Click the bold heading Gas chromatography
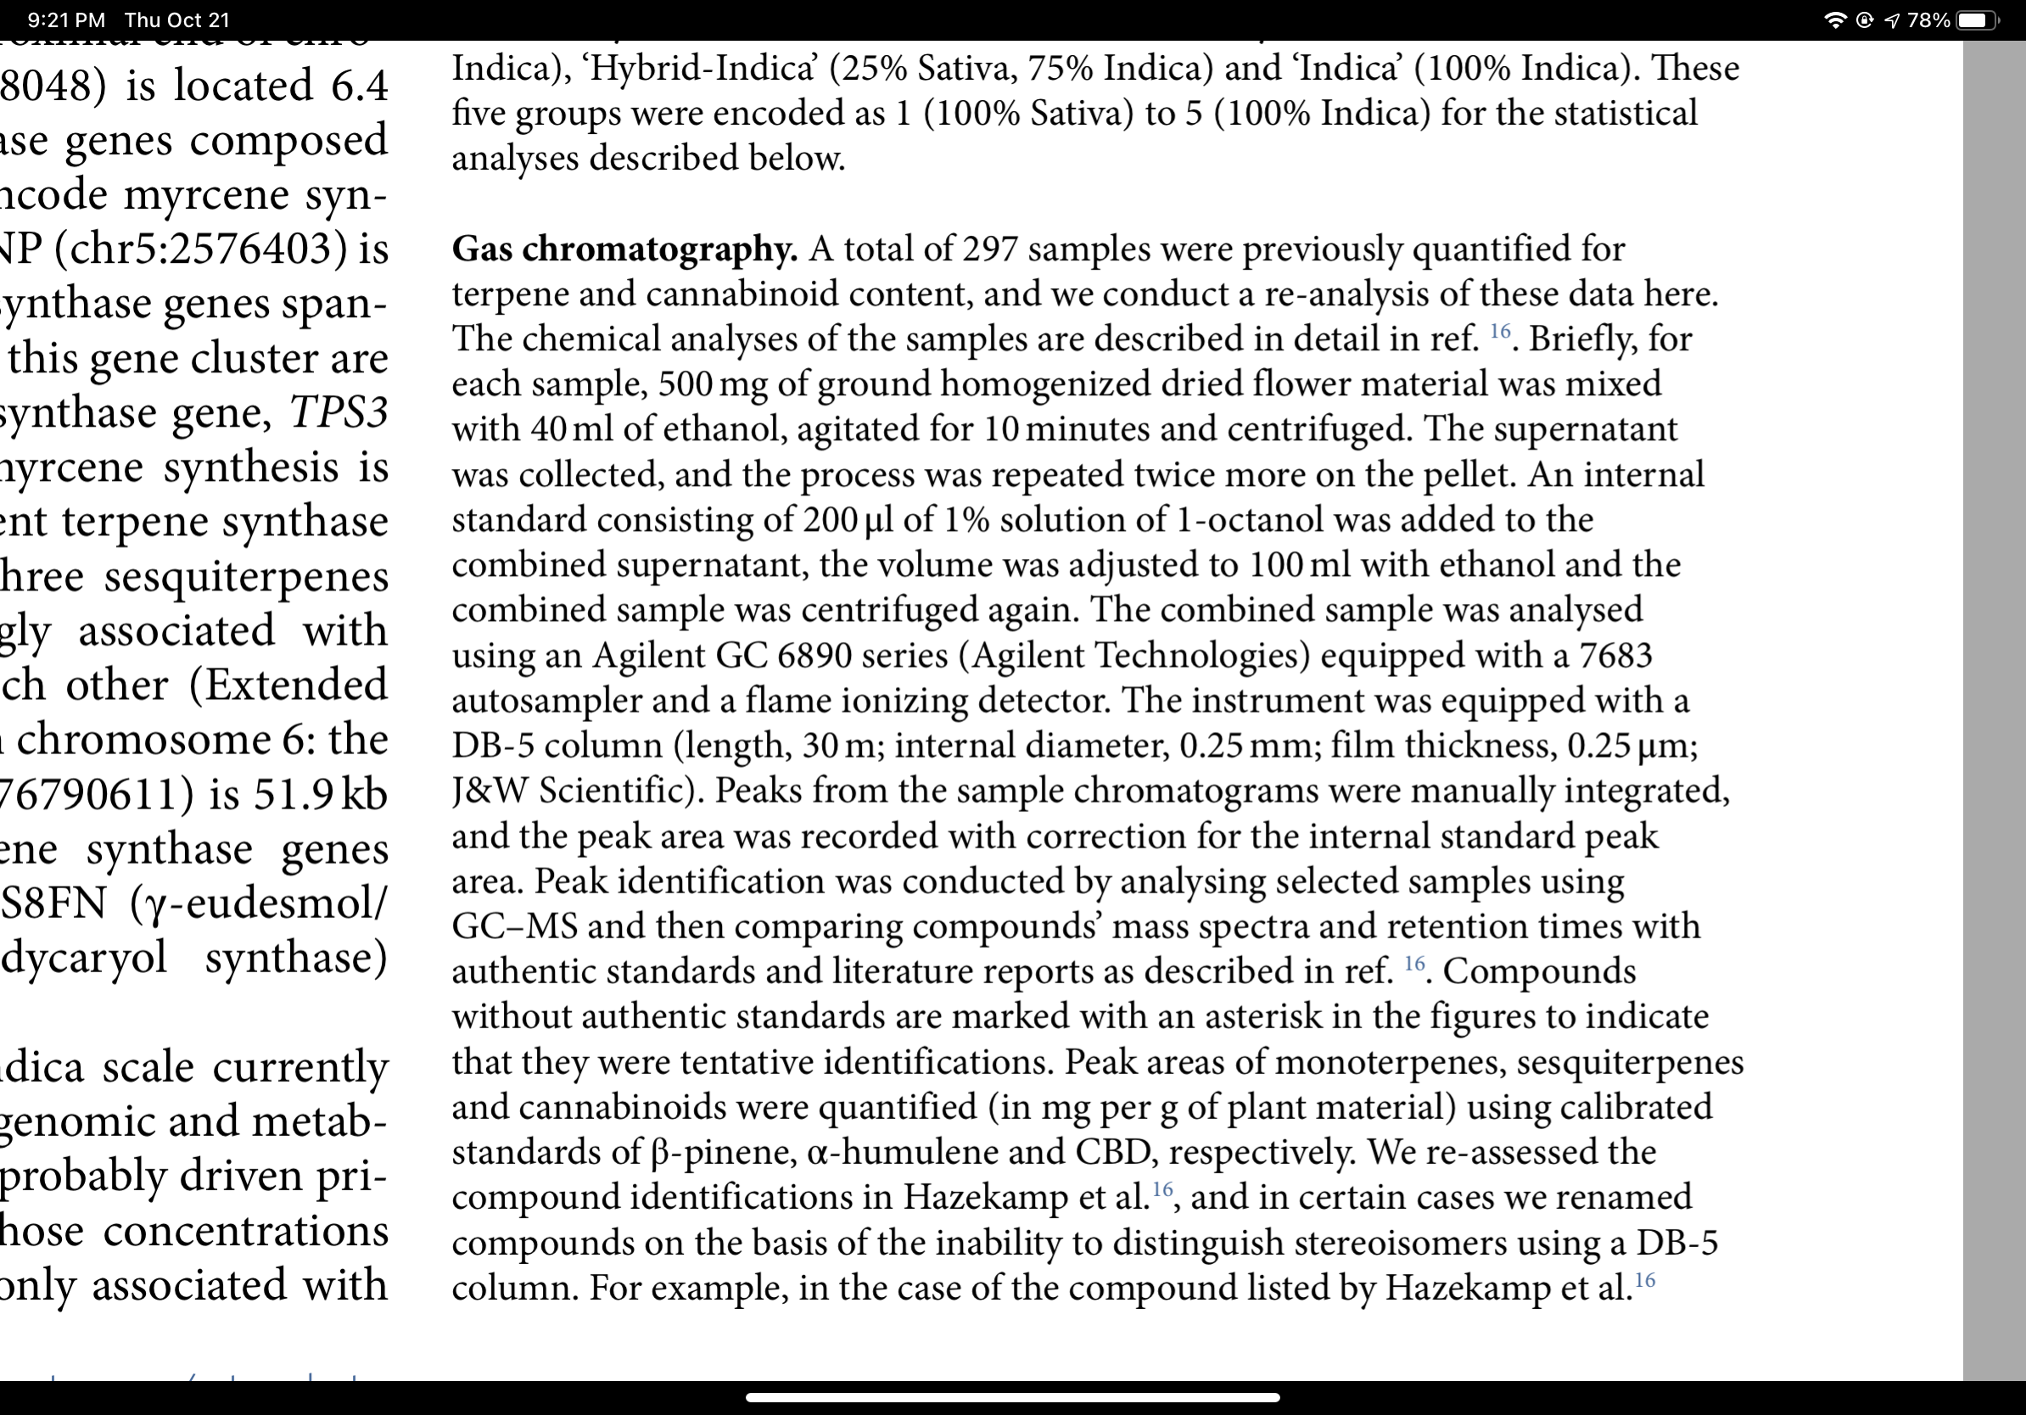(624, 249)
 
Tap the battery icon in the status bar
(1976, 20)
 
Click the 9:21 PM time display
(66, 20)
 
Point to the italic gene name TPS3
(339, 412)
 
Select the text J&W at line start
(489, 791)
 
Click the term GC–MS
(514, 926)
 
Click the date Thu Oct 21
(177, 20)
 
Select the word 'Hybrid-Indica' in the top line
(703, 69)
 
